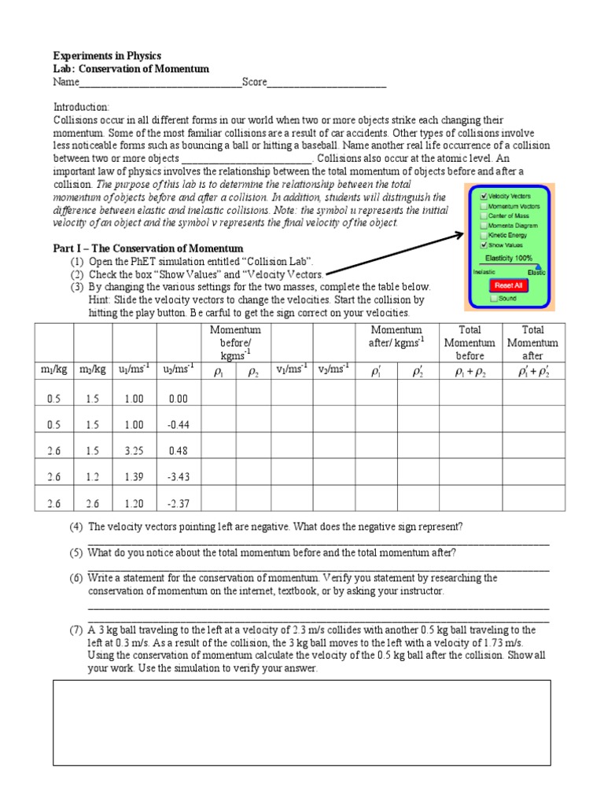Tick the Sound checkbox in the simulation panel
point(493,299)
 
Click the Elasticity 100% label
point(509,257)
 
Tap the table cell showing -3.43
point(179,477)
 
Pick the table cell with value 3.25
point(134,451)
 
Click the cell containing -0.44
point(179,425)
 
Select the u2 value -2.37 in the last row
point(179,504)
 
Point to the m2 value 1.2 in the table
point(94,477)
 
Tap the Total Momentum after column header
point(532,343)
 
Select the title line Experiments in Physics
point(107,56)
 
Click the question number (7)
point(75,630)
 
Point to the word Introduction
point(82,107)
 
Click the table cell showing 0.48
point(179,451)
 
